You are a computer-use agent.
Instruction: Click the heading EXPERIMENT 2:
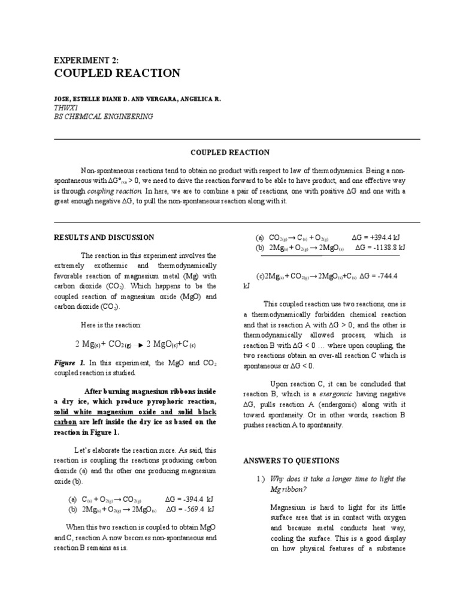86,60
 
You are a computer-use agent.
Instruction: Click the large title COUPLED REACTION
117,74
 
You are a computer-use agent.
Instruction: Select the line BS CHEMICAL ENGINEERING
103,116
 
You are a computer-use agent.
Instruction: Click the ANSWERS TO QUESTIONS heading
290,460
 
